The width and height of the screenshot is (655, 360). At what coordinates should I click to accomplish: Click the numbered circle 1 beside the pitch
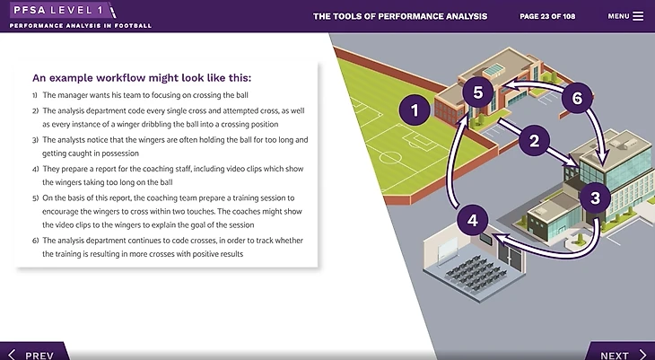coord(415,110)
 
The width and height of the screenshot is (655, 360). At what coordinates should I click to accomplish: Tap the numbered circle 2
coord(534,140)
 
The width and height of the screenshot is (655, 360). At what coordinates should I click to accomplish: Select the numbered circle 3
coord(595,198)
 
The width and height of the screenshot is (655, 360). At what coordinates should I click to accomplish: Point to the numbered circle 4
coord(473,220)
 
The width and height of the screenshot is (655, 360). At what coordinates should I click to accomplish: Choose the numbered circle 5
coord(478,92)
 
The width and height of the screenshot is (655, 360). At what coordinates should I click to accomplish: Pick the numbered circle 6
coord(577,98)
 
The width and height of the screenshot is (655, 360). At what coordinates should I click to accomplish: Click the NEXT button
coord(620,353)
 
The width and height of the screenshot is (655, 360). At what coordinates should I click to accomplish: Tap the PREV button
coord(34,353)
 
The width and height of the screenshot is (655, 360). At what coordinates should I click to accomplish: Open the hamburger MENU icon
coord(638,16)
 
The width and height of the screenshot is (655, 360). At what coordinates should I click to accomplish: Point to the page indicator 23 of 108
coord(547,16)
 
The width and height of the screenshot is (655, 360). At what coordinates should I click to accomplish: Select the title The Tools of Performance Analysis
coord(400,16)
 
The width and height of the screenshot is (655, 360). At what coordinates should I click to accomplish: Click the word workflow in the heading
coord(121,78)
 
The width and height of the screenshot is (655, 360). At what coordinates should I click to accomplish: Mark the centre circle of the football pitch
coord(390,158)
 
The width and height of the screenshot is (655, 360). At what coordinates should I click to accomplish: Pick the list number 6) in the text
coord(36,241)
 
